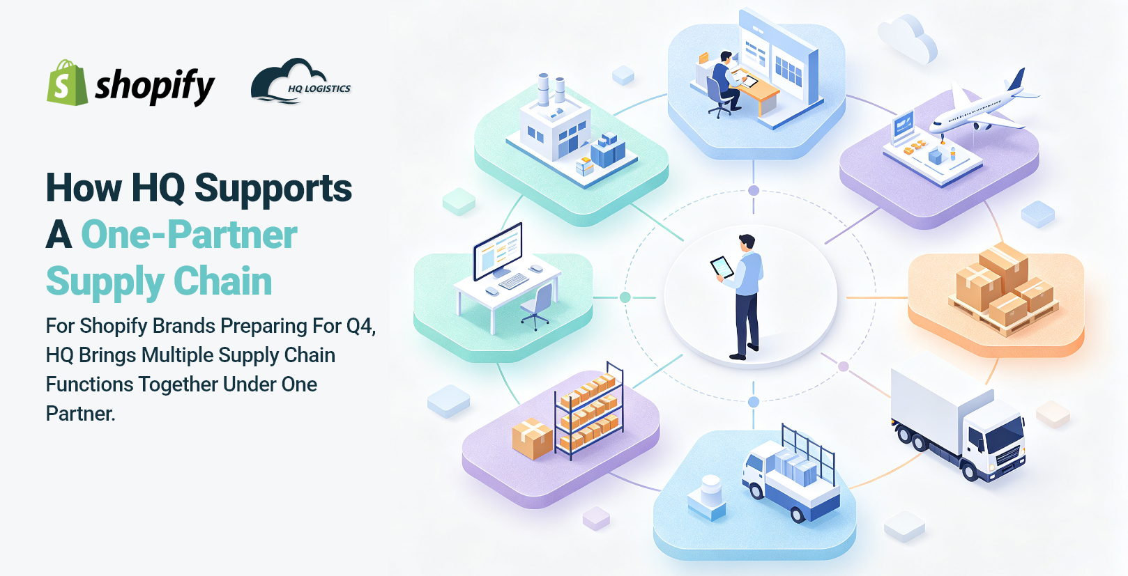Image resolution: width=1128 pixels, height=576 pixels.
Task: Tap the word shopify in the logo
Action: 155,86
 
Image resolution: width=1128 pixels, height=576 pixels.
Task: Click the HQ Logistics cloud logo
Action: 300,81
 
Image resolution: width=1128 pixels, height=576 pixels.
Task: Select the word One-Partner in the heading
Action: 190,235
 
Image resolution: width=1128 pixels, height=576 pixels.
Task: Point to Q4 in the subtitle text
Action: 361,326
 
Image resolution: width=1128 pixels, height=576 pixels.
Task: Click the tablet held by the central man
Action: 722,267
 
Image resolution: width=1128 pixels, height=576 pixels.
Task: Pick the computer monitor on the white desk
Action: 498,251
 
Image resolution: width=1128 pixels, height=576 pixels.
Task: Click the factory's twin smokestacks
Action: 551,90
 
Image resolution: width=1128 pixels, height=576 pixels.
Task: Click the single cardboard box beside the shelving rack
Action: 532,438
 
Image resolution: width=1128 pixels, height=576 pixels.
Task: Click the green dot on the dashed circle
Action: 625,297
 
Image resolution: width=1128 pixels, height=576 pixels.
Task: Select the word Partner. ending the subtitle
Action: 81,414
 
